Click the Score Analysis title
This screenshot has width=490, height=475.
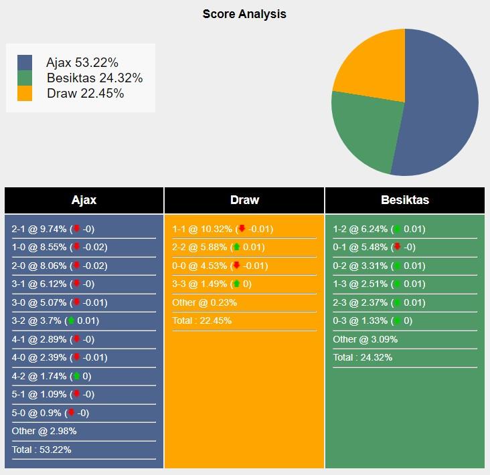pyautogui.click(x=244, y=13)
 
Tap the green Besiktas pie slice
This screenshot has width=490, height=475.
pyautogui.click(x=361, y=134)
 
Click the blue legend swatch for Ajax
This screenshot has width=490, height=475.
pyautogui.click(x=25, y=63)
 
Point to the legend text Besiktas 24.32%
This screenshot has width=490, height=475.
pyautogui.click(x=94, y=78)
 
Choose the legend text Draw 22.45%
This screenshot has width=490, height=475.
pyautogui.click(x=85, y=94)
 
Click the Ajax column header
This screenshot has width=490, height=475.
pyautogui.click(x=84, y=200)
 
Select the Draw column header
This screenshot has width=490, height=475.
pyautogui.click(x=244, y=200)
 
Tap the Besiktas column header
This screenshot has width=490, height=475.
pyautogui.click(x=405, y=200)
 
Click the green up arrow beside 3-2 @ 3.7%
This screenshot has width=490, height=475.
pyautogui.click(x=71, y=320)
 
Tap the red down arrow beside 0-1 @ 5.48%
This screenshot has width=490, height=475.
pyautogui.click(x=397, y=247)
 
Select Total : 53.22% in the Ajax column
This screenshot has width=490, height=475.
pyautogui.click(x=42, y=450)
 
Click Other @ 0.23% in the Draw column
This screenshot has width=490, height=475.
pyautogui.click(x=204, y=302)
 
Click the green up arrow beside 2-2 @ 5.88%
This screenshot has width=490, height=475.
pyautogui.click(x=236, y=247)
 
